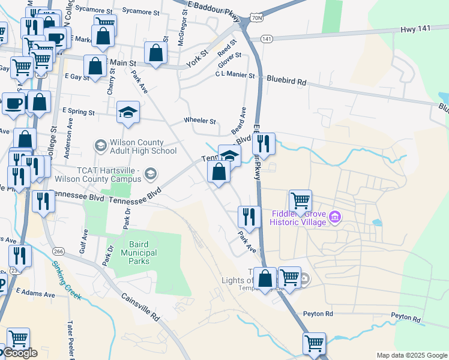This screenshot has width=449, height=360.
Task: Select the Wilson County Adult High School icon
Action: (100, 146)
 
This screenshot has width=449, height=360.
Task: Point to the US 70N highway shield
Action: (256, 19)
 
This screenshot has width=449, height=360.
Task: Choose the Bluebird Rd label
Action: (287, 79)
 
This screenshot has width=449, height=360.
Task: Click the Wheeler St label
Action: (200, 121)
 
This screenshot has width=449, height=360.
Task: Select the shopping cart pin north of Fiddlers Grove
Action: (300, 200)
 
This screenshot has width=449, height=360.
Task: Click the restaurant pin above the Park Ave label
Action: (249, 216)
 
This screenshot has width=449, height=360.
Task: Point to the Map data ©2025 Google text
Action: (411, 355)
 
